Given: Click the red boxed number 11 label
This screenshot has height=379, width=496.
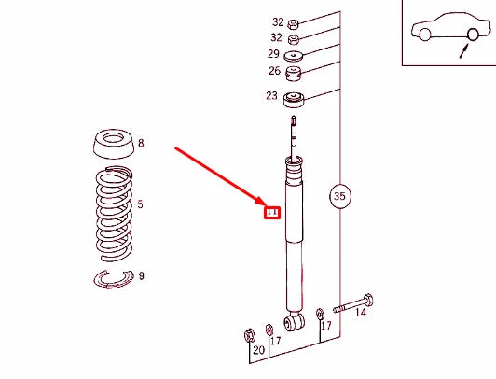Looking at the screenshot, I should coord(272,212).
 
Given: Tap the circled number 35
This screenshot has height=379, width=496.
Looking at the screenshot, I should coord(339,196).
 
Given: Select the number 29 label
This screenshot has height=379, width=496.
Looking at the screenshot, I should coord(273,55).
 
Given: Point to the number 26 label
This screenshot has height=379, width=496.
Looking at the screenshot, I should coord(273,71).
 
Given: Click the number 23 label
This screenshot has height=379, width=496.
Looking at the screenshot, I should coord(271,95).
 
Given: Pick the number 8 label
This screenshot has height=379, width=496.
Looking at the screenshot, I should coord(141,144).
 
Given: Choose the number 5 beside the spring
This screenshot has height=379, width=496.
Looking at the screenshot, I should coord(141,204).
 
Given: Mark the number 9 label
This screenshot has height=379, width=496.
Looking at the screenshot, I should coord(141,275).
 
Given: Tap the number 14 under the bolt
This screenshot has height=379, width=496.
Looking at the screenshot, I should coord(361,314).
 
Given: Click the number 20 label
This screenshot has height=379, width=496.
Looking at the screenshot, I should coord(258,350).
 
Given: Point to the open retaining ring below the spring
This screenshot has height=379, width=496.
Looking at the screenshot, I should coord(114,277).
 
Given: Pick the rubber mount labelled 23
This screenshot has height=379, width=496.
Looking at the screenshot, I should coord(296,99).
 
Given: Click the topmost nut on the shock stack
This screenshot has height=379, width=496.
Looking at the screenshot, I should coord(293,21).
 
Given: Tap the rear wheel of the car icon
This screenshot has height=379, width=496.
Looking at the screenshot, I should coord(473,35).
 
